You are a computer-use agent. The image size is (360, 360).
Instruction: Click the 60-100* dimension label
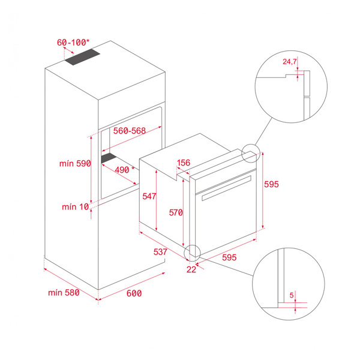(73, 43)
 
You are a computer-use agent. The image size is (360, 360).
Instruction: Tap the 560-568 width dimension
(130, 131)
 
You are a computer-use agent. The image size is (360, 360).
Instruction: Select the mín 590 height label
(75, 163)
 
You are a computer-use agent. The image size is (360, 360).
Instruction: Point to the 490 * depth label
(125, 170)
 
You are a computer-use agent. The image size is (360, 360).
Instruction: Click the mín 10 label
(76, 207)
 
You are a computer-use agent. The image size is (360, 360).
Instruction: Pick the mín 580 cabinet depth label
(64, 293)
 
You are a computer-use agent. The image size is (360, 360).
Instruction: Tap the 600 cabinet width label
(134, 293)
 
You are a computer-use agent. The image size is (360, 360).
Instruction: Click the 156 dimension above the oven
(184, 163)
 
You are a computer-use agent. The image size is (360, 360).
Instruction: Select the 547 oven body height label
(149, 196)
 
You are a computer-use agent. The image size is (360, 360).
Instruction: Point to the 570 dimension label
(176, 212)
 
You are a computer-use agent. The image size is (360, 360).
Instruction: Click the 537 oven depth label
(160, 252)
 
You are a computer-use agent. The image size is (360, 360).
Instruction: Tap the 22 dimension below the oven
(191, 269)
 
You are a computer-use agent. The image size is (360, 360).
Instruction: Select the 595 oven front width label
(229, 257)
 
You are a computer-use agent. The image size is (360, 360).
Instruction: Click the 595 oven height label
(271, 184)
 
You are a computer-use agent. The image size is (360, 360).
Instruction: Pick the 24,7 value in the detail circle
(290, 62)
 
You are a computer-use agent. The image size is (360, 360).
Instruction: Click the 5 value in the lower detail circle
(292, 295)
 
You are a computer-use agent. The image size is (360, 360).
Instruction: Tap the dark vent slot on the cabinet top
(82, 57)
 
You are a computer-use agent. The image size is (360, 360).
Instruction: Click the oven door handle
(226, 188)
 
